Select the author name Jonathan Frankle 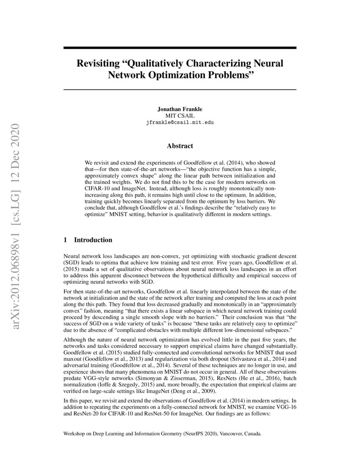(x=180, y=109)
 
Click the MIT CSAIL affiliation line (x=180, y=115)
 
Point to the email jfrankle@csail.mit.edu (x=180, y=122)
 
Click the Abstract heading (x=180, y=146)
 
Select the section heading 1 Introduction (x=88, y=240)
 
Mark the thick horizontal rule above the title (x=180, y=48)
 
